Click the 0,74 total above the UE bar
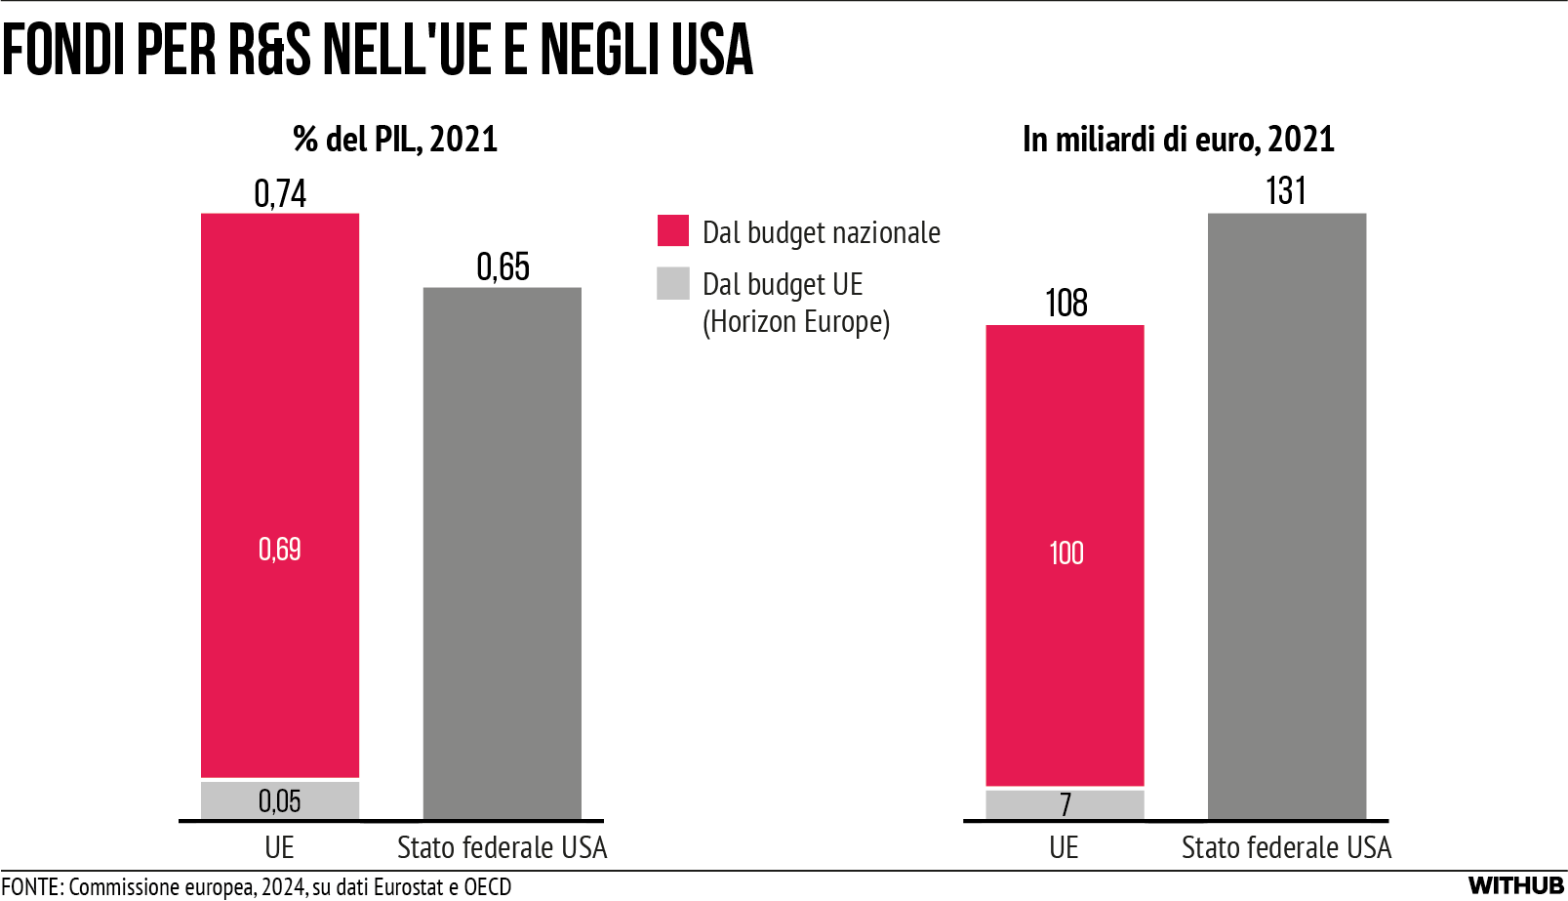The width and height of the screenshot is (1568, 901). pyautogui.click(x=280, y=193)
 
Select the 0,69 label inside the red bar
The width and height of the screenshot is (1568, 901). pyautogui.click(x=280, y=550)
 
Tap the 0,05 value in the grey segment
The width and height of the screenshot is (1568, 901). pyautogui.click(x=280, y=801)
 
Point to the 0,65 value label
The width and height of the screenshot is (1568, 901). pyautogui.click(x=503, y=266)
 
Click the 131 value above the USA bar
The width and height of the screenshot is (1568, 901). pyautogui.click(x=1286, y=191)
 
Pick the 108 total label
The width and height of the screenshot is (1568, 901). pyautogui.click(x=1065, y=304)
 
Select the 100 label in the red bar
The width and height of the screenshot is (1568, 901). pyautogui.click(x=1065, y=553)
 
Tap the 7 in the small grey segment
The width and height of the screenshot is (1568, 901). pyautogui.click(x=1065, y=804)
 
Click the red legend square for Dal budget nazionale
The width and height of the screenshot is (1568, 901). pyautogui.click(x=673, y=231)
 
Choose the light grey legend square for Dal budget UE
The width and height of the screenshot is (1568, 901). pyautogui.click(x=673, y=283)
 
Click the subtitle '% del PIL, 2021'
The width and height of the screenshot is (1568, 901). pyautogui.click(x=395, y=140)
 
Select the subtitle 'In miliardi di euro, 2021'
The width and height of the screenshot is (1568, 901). pyautogui.click(x=1178, y=140)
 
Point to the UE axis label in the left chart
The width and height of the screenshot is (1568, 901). pyautogui.click(x=279, y=847)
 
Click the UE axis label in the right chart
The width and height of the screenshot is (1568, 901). pyautogui.click(x=1064, y=847)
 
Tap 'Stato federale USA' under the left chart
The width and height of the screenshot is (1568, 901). pyautogui.click(x=502, y=847)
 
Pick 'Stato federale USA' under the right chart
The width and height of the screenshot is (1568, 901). pyautogui.click(x=1286, y=847)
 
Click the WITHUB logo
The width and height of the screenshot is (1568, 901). pyautogui.click(x=1516, y=885)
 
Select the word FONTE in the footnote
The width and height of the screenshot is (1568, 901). pyautogui.click(x=31, y=886)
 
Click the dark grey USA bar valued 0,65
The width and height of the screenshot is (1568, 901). pyautogui.click(x=503, y=553)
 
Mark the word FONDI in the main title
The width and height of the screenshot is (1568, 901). pyautogui.click(x=64, y=51)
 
